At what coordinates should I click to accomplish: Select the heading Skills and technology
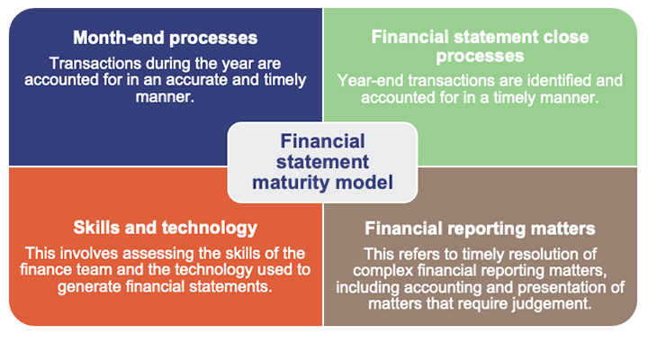click(x=165, y=228)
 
